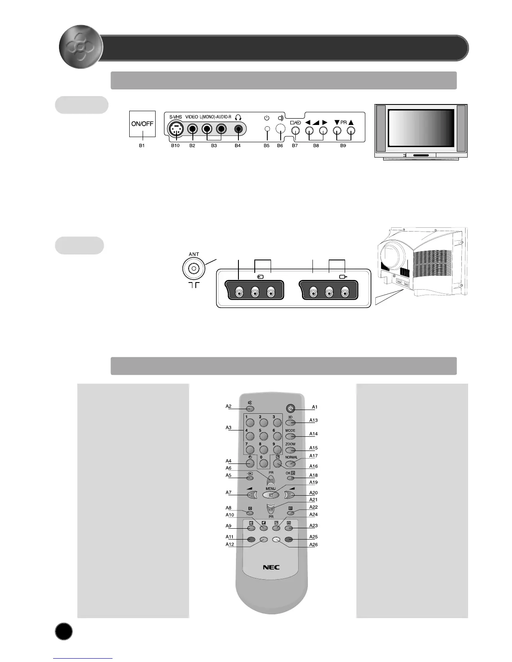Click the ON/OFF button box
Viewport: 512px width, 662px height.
pyautogui.click(x=142, y=124)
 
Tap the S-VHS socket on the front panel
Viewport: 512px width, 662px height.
pyautogui.click(x=177, y=129)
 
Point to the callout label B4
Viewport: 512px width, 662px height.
pyautogui.click(x=238, y=145)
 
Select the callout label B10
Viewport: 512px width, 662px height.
pyautogui.click(x=175, y=145)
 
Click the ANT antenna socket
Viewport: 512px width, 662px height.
pyautogui.click(x=193, y=269)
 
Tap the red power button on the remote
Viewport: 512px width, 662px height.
pyautogui.click(x=291, y=408)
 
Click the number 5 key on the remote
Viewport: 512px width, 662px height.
pyautogui.click(x=264, y=436)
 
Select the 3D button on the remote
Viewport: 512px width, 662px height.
pyautogui.click(x=291, y=423)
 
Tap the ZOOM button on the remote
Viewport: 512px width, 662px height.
pyautogui.click(x=291, y=450)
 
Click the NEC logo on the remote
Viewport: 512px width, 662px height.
pyautogui.click(x=271, y=567)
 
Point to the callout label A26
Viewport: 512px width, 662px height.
pyautogui.click(x=313, y=545)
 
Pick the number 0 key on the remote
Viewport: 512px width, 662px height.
pyautogui.click(x=264, y=463)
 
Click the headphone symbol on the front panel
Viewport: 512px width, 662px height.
pyautogui.click(x=238, y=117)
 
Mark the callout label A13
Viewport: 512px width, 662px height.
pyautogui.click(x=313, y=420)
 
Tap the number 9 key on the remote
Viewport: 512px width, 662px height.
pyautogui.click(x=277, y=450)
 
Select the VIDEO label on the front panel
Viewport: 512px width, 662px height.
pyautogui.click(x=192, y=117)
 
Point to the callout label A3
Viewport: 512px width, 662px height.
pyautogui.click(x=228, y=428)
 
